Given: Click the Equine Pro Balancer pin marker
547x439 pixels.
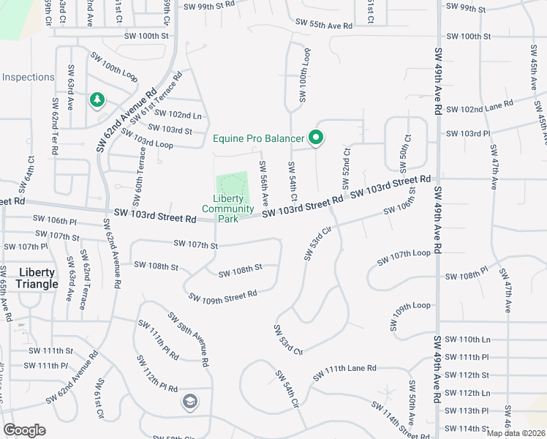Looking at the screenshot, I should pyautogui.click(x=316, y=137).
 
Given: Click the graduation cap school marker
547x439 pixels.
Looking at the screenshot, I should pyautogui.click(x=189, y=401).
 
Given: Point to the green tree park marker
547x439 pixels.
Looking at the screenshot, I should pyautogui.click(x=97, y=100).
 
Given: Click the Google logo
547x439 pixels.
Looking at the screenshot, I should pyautogui.click(x=25, y=430).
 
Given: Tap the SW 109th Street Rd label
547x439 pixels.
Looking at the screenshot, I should pyautogui.click(x=222, y=296).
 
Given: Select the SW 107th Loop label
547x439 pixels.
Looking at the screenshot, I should pyautogui.click(x=404, y=258).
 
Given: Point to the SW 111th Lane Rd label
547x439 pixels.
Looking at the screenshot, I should pyautogui.click(x=344, y=372).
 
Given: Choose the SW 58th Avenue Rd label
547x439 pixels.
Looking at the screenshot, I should pyautogui.click(x=188, y=339).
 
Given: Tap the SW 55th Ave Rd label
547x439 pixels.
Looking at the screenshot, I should pyautogui.click(x=325, y=25).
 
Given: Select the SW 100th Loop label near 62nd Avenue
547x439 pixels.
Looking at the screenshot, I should pyautogui.click(x=114, y=66).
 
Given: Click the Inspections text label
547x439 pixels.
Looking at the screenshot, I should pyautogui.click(x=29, y=77).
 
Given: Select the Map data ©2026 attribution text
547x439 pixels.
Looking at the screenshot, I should pyautogui.click(x=516, y=433).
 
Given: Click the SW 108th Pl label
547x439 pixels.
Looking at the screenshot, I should pyautogui.click(x=466, y=277).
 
